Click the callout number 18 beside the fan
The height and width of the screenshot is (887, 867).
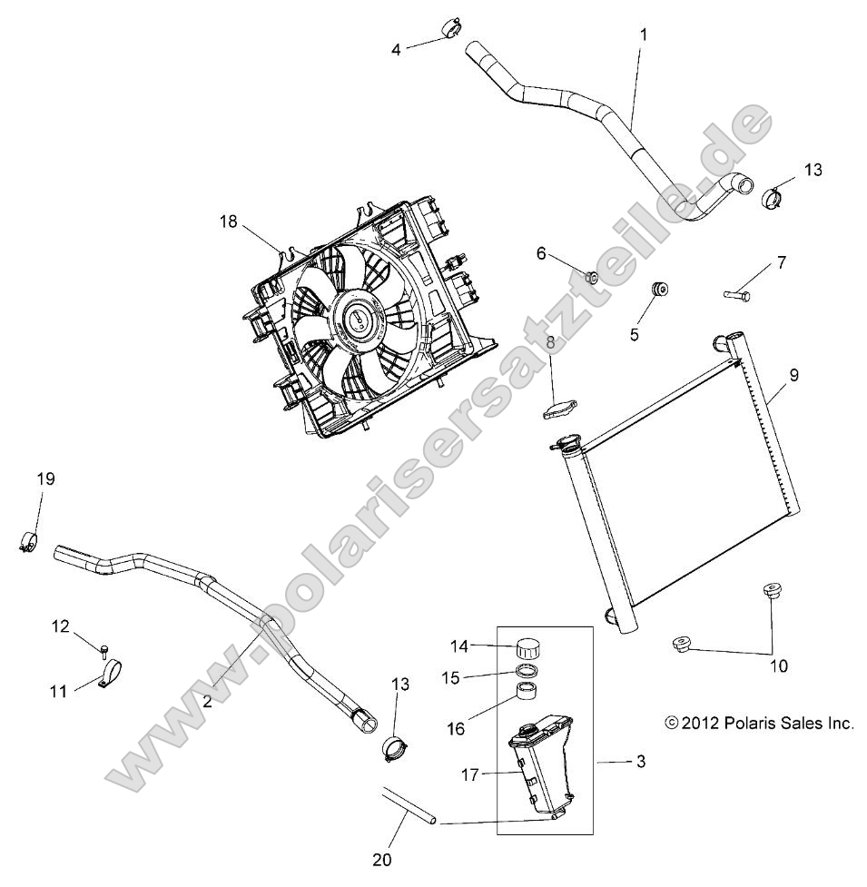230,221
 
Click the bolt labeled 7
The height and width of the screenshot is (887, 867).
736,293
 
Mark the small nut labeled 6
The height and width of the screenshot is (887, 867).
591,277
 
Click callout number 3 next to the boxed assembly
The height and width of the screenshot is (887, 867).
640,763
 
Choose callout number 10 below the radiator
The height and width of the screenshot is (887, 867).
778,665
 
